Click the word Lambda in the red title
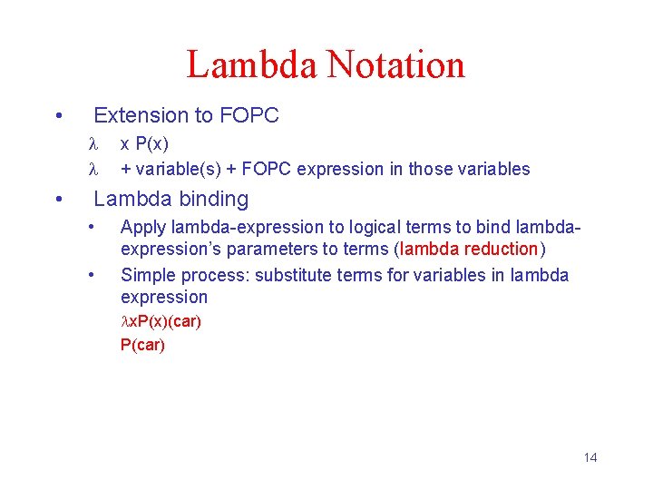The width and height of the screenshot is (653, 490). (251, 65)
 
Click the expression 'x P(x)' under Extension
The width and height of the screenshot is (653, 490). (144, 144)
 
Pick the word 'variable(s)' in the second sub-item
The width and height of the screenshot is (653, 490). (180, 169)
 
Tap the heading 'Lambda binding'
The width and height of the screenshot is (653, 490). (171, 199)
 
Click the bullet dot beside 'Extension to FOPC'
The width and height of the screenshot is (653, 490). (58, 115)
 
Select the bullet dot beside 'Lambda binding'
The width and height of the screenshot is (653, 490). (58, 199)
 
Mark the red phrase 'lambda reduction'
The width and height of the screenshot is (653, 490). (470, 250)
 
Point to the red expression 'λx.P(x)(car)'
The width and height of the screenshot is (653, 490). (161, 322)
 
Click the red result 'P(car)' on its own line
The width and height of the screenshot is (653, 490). (142, 345)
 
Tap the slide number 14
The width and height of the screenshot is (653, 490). (590, 457)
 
